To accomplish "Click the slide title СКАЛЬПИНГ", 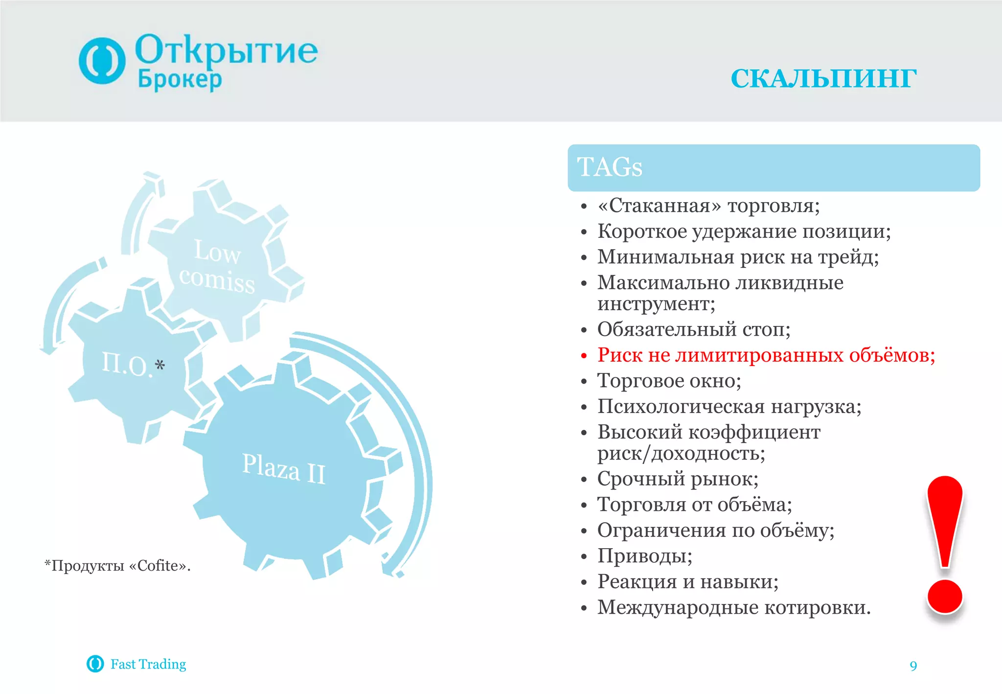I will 823,79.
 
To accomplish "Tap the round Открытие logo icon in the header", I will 102,61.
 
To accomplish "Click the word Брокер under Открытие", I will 180,79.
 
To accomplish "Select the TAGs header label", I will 610,167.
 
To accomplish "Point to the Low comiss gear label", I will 217,266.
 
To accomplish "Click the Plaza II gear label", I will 284,468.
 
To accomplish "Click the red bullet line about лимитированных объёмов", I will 766,355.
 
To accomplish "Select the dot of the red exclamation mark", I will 945,596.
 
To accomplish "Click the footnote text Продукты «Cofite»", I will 117,566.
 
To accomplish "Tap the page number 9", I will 913,666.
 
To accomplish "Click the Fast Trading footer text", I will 148,664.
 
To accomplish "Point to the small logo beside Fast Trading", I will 95,664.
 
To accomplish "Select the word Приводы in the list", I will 644,556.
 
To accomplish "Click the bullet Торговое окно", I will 669,381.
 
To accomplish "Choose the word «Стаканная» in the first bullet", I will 659,206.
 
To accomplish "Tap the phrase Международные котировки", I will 733,607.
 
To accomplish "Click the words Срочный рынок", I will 678,479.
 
